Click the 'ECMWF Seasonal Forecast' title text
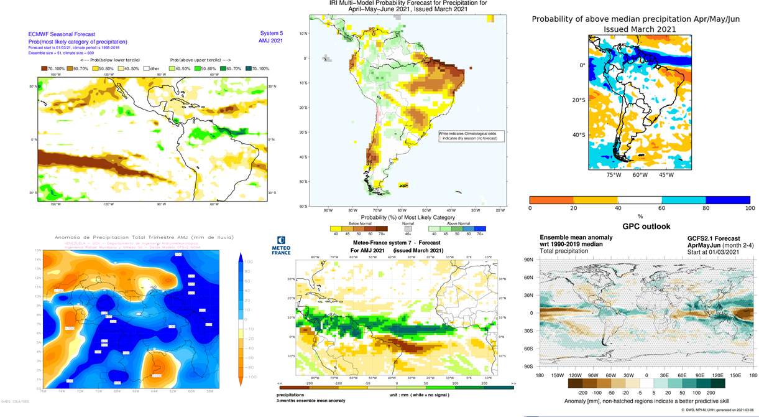(x=62, y=34)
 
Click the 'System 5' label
(x=271, y=34)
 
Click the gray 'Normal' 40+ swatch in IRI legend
(x=408, y=228)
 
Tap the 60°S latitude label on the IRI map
(x=304, y=206)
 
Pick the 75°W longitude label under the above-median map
(x=614, y=175)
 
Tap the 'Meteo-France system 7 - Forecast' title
(x=397, y=242)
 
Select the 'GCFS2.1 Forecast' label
(x=714, y=238)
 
